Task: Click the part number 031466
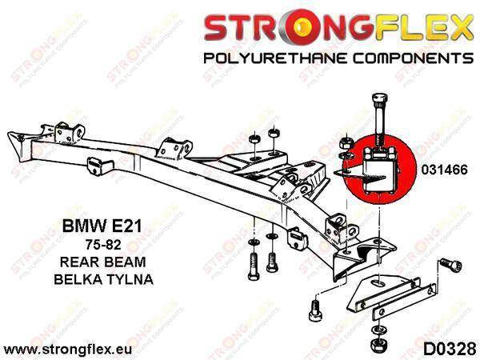coord(445,170)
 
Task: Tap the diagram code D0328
coord(449,350)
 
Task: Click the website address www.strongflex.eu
coord(68,349)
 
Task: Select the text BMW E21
coord(102,226)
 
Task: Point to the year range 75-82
coord(103,245)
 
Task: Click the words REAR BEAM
coord(103,262)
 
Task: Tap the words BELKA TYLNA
coord(103,279)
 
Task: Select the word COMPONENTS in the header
coord(414,58)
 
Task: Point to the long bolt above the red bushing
coord(379,118)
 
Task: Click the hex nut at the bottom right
coord(379,345)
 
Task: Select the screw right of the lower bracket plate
coord(451,265)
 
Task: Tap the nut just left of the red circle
coord(346,143)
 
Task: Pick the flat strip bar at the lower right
coord(404,302)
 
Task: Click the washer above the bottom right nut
coord(378,330)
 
